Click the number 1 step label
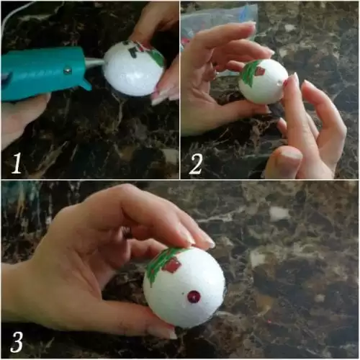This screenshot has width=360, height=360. coord(17,163)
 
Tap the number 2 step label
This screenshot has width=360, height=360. coord(196,164)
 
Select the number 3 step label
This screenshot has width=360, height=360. coord(17,342)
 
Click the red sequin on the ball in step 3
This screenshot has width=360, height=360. coord(194,297)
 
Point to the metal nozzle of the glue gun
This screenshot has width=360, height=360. coord(96,63)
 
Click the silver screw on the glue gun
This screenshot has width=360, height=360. coord(67,71)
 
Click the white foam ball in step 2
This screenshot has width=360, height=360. coord(264,81)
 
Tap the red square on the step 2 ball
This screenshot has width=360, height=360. coord(260,71)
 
